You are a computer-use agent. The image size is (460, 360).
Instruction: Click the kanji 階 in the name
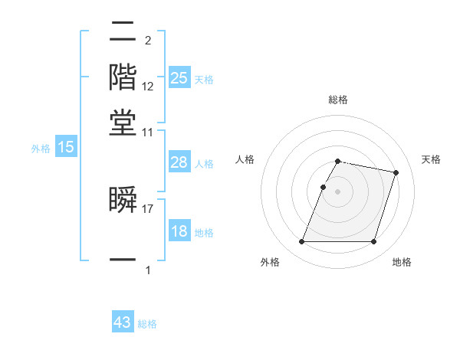point(123,77)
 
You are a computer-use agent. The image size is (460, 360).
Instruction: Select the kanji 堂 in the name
point(123,123)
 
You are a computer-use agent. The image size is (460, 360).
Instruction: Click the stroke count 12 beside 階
point(148,86)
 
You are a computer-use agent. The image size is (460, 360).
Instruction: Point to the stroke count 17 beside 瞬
point(148,208)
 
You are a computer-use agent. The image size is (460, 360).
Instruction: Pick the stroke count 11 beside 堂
point(148,133)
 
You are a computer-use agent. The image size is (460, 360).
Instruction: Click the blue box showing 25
point(179,77)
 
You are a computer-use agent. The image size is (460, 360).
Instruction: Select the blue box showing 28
point(179,162)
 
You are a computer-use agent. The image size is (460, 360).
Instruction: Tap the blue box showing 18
point(179,231)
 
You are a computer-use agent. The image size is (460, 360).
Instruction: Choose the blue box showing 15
point(66,147)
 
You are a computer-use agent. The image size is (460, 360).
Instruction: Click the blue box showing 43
point(123,322)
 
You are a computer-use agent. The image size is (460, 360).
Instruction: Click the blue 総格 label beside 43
point(147,324)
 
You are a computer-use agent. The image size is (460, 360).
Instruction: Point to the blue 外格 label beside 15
point(41,149)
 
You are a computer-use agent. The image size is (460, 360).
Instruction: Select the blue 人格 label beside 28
point(204,164)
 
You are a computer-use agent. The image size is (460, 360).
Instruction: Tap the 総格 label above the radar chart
point(338,100)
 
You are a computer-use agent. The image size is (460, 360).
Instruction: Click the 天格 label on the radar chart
point(431,159)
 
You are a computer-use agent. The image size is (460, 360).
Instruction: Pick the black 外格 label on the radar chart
point(270,262)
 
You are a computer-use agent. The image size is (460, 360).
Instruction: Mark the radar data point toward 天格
point(396,173)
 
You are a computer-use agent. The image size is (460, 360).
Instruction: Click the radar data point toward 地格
point(373,242)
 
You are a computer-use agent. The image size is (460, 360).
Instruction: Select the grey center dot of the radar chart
point(338,191)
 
